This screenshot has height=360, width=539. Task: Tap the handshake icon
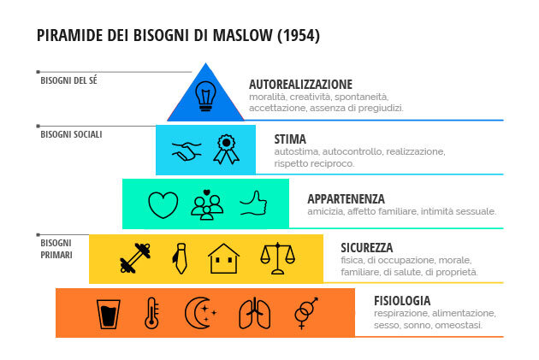tap(186, 150)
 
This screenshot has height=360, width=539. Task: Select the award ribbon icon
tap(226, 149)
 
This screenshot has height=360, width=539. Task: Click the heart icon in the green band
tap(163, 204)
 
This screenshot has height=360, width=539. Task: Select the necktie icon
tap(181, 257)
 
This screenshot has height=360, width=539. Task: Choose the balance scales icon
tap(276, 257)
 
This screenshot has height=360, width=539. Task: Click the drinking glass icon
tap(108, 313)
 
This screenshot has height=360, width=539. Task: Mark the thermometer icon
tap(152, 313)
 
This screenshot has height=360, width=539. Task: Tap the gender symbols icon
tap(304, 313)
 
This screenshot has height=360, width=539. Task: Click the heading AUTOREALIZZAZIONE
tap(300, 85)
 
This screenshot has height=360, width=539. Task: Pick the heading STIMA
tap(290, 139)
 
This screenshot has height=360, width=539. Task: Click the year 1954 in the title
tap(299, 36)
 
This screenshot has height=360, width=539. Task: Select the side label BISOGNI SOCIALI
tap(71, 134)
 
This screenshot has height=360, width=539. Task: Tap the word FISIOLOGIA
tap(401, 301)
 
